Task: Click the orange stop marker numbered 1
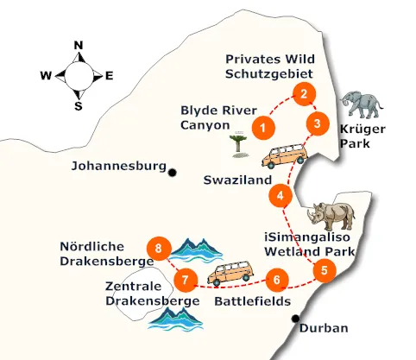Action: point(264,129)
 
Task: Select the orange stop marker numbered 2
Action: point(303,94)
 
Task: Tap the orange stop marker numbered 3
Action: point(318,123)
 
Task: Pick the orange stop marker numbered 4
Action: point(280,196)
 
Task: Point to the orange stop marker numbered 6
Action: point(275,279)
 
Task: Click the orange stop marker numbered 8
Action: point(158,249)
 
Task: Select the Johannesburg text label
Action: point(117,166)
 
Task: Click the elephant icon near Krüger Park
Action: point(361,104)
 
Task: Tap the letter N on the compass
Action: point(79,46)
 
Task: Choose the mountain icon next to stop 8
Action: point(197,249)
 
